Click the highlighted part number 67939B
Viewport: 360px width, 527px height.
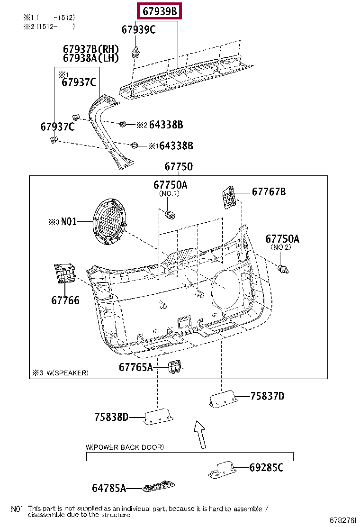tap(158, 11)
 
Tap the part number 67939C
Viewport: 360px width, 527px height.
tap(138, 29)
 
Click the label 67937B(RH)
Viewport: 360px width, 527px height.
tap(90, 49)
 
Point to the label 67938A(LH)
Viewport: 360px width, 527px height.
tap(90, 58)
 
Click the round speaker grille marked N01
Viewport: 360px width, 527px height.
tap(110, 222)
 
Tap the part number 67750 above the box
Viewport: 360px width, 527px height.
tap(179, 167)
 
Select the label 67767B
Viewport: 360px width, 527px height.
tap(269, 192)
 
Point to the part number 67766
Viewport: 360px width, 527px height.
tap(65, 300)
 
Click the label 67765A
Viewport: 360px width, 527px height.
tap(135, 367)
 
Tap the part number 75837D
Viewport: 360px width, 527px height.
tap(267, 396)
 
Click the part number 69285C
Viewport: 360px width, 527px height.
tap(266, 468)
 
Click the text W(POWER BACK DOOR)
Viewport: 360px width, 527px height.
tap(125, 447)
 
